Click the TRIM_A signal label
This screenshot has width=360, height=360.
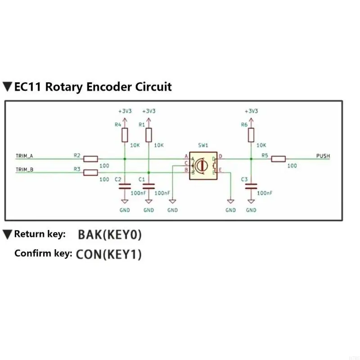pos(24,156)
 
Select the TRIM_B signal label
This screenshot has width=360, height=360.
pos(24,170)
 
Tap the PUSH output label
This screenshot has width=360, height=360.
pos(323,156)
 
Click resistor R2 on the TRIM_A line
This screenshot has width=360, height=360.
pos(91,158)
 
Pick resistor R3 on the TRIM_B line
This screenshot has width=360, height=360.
pos(91,172)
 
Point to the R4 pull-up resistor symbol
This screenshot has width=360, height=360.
pos(125,134)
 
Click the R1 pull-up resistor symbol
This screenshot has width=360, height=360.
pos(148,134)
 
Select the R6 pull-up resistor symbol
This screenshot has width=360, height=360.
pos(251,134)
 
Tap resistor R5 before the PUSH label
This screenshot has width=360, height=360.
pos(279,158)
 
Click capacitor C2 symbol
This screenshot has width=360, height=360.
pos(125,185)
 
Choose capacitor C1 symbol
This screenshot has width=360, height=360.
pos(148,185)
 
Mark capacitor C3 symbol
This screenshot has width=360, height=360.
pos(251,185)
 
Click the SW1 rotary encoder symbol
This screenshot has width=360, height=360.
pos(203,166)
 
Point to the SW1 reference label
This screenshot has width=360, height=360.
pos(203,145)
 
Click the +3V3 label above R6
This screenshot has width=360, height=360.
pos(251,111)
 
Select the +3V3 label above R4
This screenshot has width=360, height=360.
pos(125,111)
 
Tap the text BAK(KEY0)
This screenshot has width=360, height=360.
pos(110,234)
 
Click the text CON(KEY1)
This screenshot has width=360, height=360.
pos(108,254)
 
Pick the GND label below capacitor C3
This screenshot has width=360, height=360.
pos(251,210)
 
